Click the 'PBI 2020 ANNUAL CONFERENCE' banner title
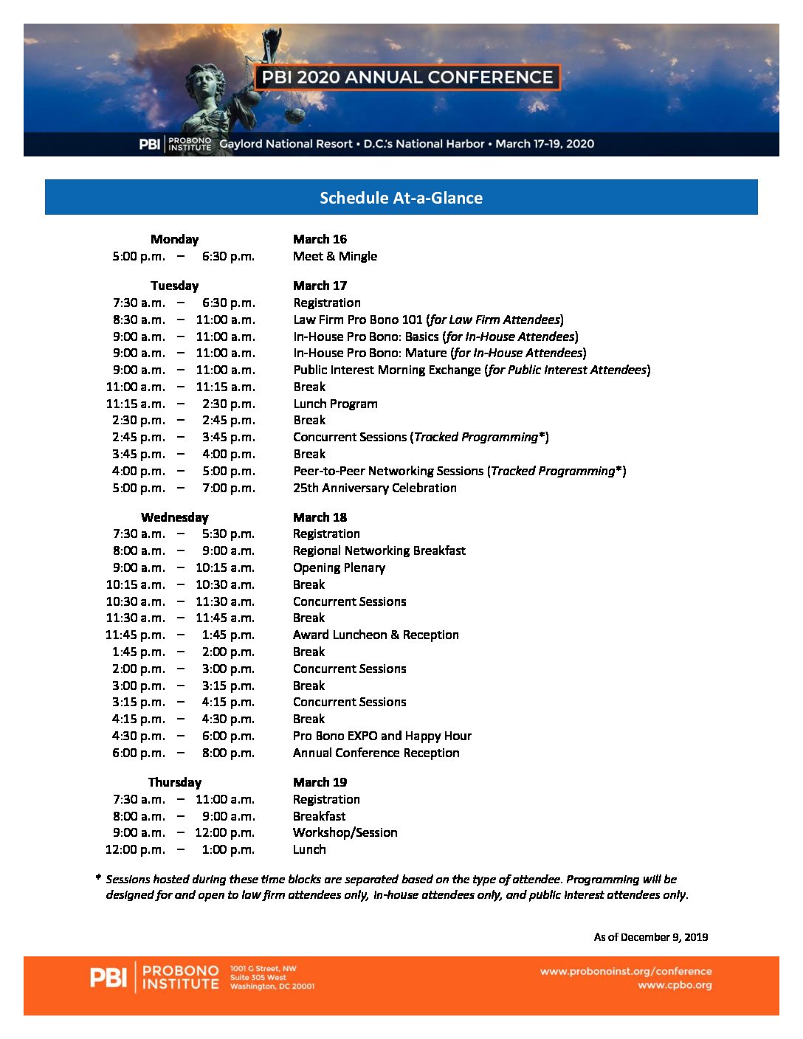click(x=407, y=77)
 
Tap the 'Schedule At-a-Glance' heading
click(x=401, y=198)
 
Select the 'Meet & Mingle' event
click(x=335, y=256)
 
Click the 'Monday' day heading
click(x=174, y=239)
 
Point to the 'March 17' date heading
click(x=320, y=286)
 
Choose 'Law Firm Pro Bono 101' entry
click(x=358, y=320)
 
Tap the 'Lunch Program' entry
click(x=335, y=404)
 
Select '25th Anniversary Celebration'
click(x=375, y=488)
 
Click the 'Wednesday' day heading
click(x=174, y=517)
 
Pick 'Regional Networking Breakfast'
click(x=379, y=550)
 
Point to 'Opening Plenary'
click(x=339, y=567)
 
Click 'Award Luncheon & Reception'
click(x=376, y=635)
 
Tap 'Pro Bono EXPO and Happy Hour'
click(x=382, y=736)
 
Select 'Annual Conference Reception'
click(x=376, y=753)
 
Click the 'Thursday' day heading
click(x=174, y=782)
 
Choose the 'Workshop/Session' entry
click(x=345, y=832)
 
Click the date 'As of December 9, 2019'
click(x=651, y=937)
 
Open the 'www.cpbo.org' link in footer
click(x=675, y=985)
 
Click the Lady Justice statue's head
click(x=204, y=80)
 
